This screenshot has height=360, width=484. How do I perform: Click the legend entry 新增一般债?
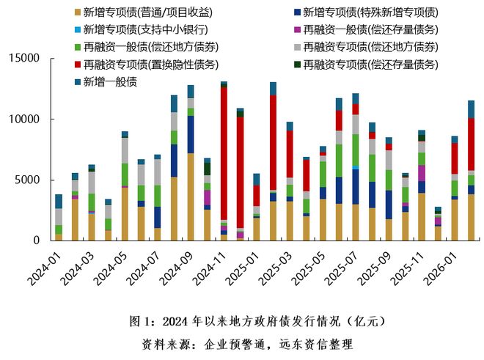click(x=110, y=81)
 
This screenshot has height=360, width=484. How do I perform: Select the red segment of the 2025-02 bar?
click(x=273, y=142)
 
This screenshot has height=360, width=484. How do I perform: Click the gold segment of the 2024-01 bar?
click(x=59, y=237)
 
